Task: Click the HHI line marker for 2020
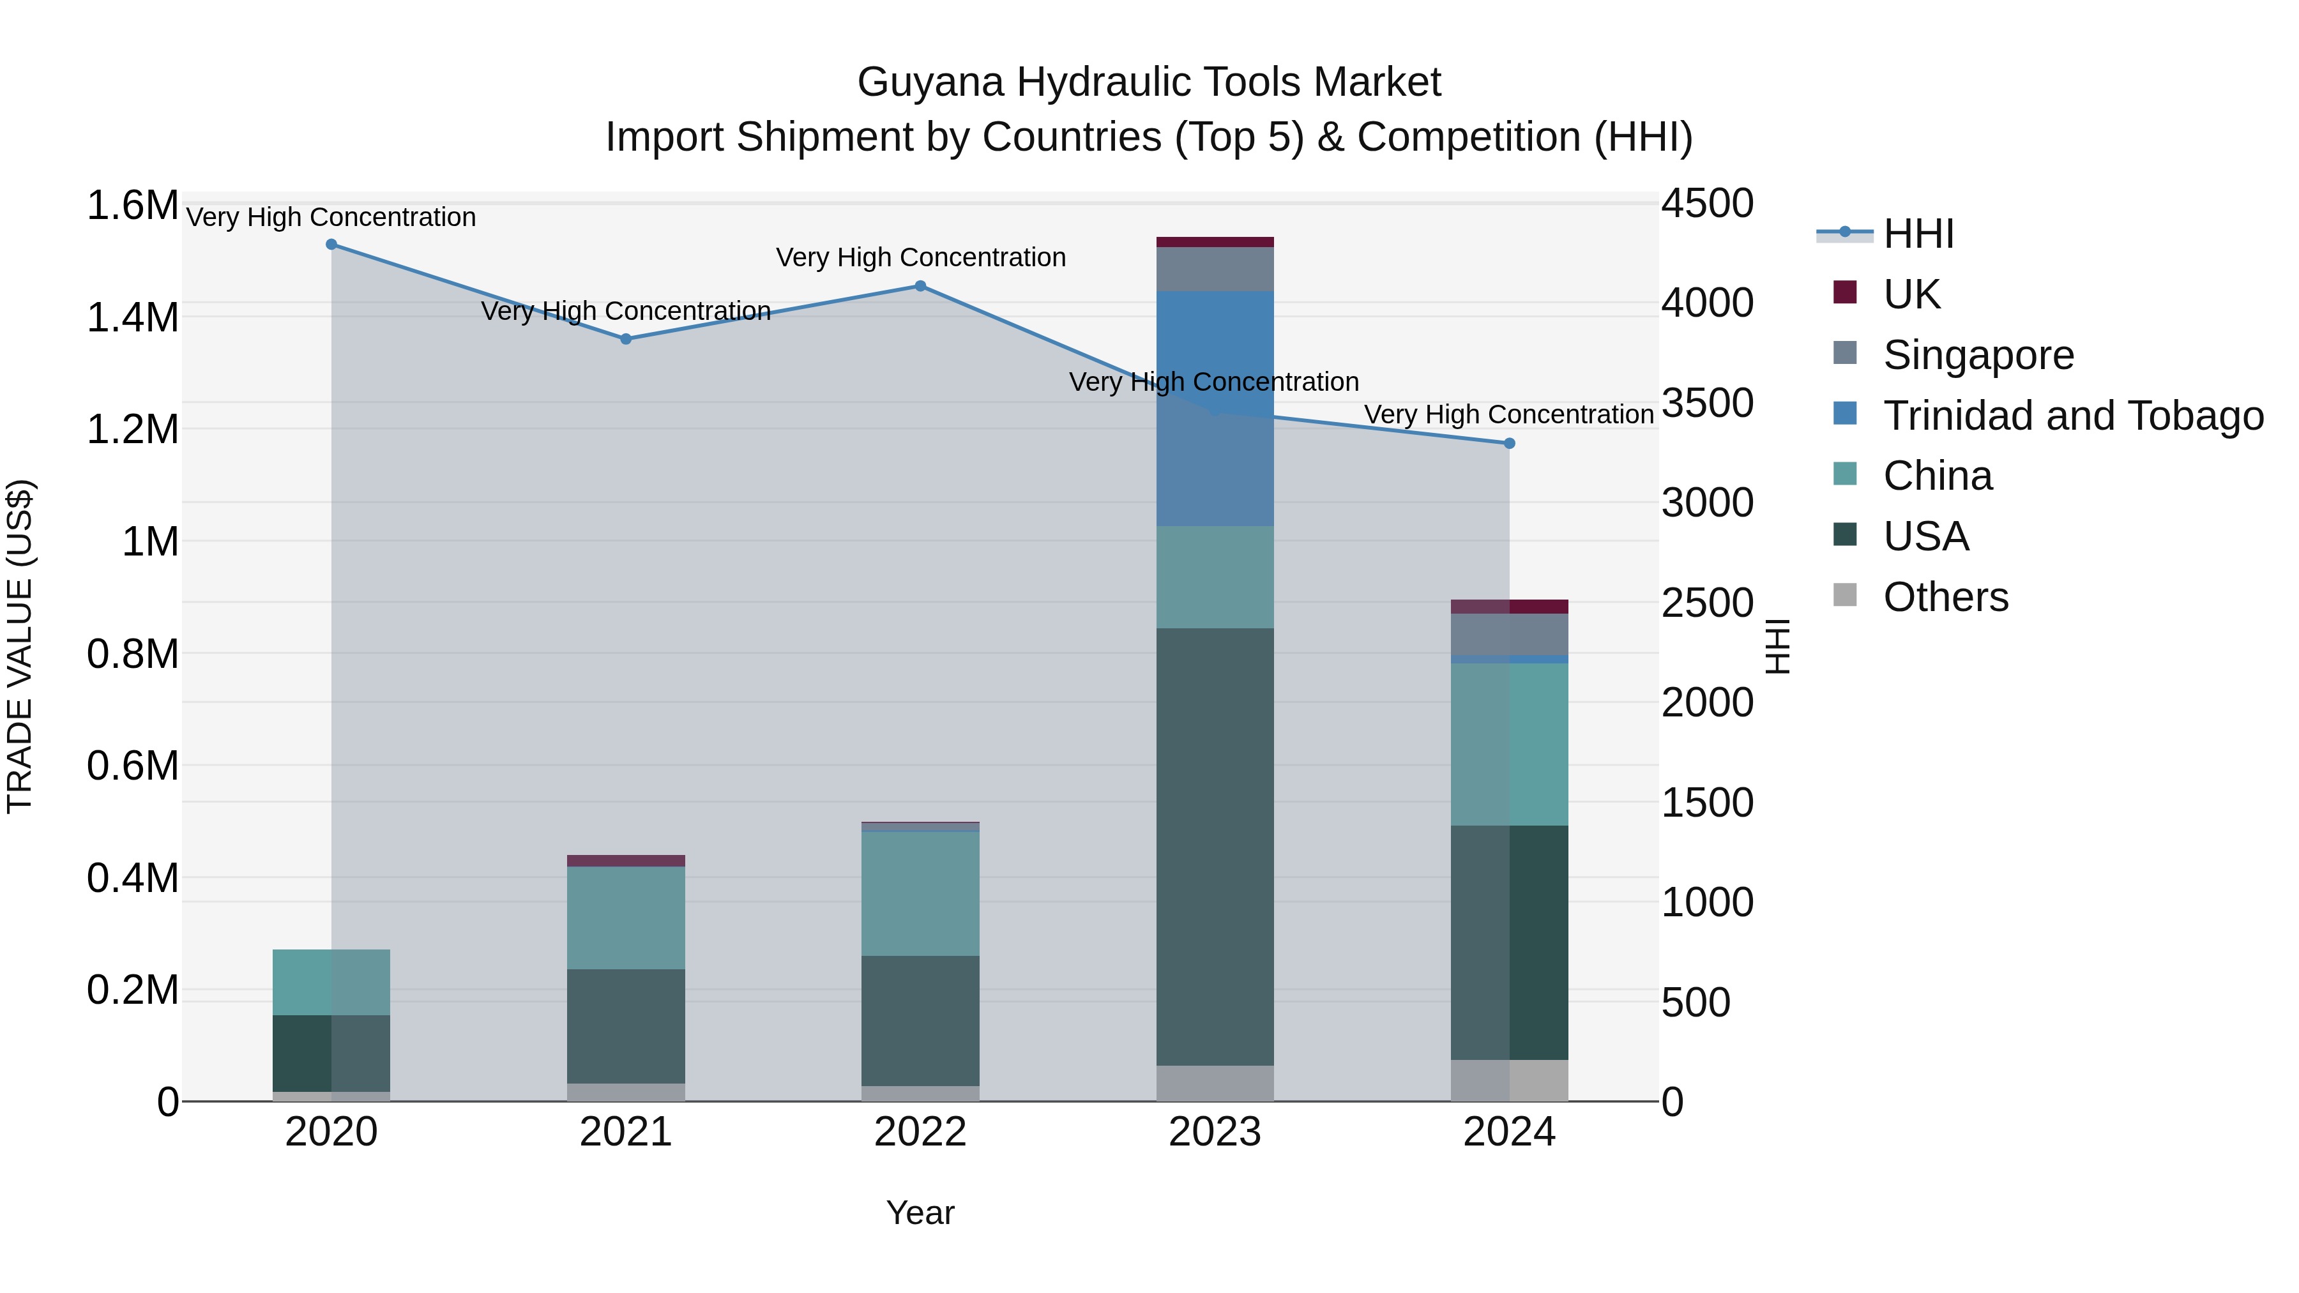click(331, 245)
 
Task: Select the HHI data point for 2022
click(920, 287)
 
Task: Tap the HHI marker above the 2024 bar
click(1509, 444)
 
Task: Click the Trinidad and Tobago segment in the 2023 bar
click(1215, 408)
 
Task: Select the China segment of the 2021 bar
click(626, 918)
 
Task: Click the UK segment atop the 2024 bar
click(1509, 607)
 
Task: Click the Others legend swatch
click(1844, 595)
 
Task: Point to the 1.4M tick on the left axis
click(132, 318)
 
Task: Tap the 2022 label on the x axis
click(920, 1132)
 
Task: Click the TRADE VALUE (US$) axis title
click(20, 646)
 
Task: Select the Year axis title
click(920, 1213)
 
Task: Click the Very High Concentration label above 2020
click(331, 217)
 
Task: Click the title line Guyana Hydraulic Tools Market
click(1149, 82)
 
